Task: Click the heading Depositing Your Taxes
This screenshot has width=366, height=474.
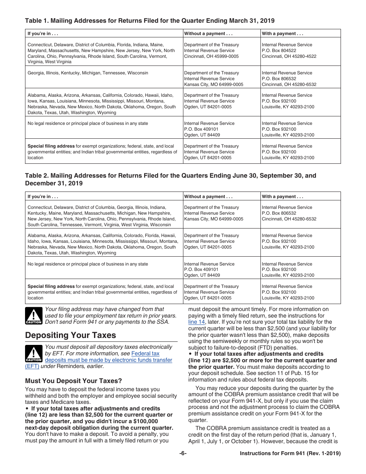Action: pyautogui.click(x=71, y=335)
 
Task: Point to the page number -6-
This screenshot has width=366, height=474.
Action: pyautogui.click(x=183, y=454)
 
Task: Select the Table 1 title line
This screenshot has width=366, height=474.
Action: pyautogui.click(x=150, y=20)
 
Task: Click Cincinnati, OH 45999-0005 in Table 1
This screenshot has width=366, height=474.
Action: pyautogui.click(x=211, y=56)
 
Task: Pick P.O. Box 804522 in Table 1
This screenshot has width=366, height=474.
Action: pyautogui.click(x=279, y=50)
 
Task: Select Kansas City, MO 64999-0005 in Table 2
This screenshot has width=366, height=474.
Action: pyautogui.click(x=213, y=219)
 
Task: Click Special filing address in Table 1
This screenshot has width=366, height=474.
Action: pyautogui.click(x=51, y=146)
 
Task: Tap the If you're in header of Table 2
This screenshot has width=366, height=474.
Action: pyautogui.click(x=43, y=197)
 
